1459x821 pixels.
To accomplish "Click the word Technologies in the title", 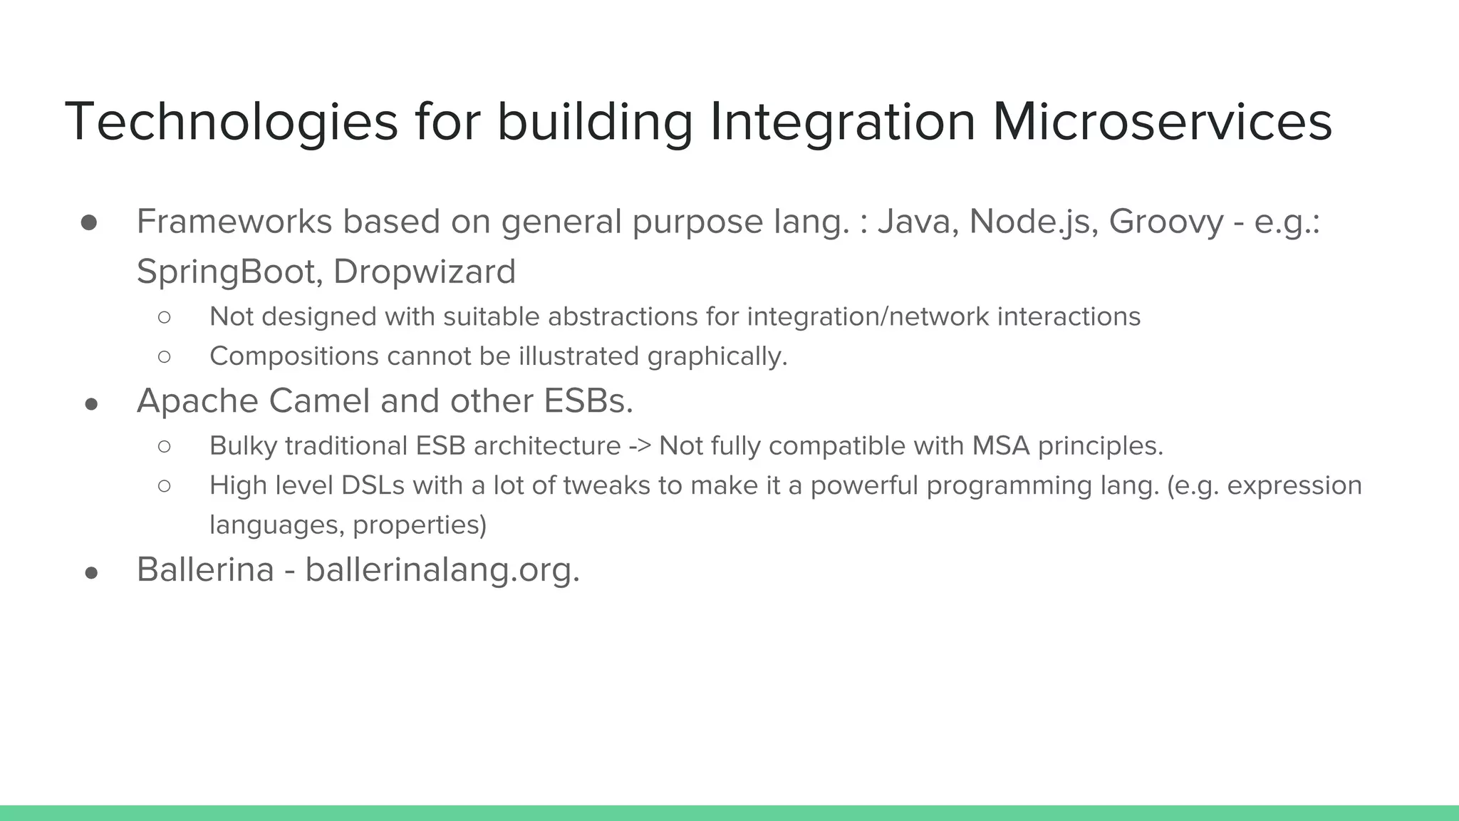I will pos(231,123).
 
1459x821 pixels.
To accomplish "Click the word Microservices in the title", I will pos(1161,123).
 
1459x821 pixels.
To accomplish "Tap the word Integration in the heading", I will pos(842,123).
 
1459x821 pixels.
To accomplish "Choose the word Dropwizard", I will pos(424,272).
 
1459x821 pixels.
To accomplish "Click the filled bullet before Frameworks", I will pos(89,223).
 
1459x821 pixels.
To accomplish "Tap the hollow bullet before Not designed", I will pos(165,317).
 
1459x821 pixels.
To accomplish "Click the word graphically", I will pos(717,356).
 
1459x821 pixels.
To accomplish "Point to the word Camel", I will pos(318,401).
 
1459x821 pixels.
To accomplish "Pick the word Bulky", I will pos(243,446).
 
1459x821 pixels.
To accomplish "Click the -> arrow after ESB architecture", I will pos(640,447).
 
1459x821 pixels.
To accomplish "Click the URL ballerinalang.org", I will pos(442,570).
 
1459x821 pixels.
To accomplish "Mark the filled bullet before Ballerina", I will pos(90,573).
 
